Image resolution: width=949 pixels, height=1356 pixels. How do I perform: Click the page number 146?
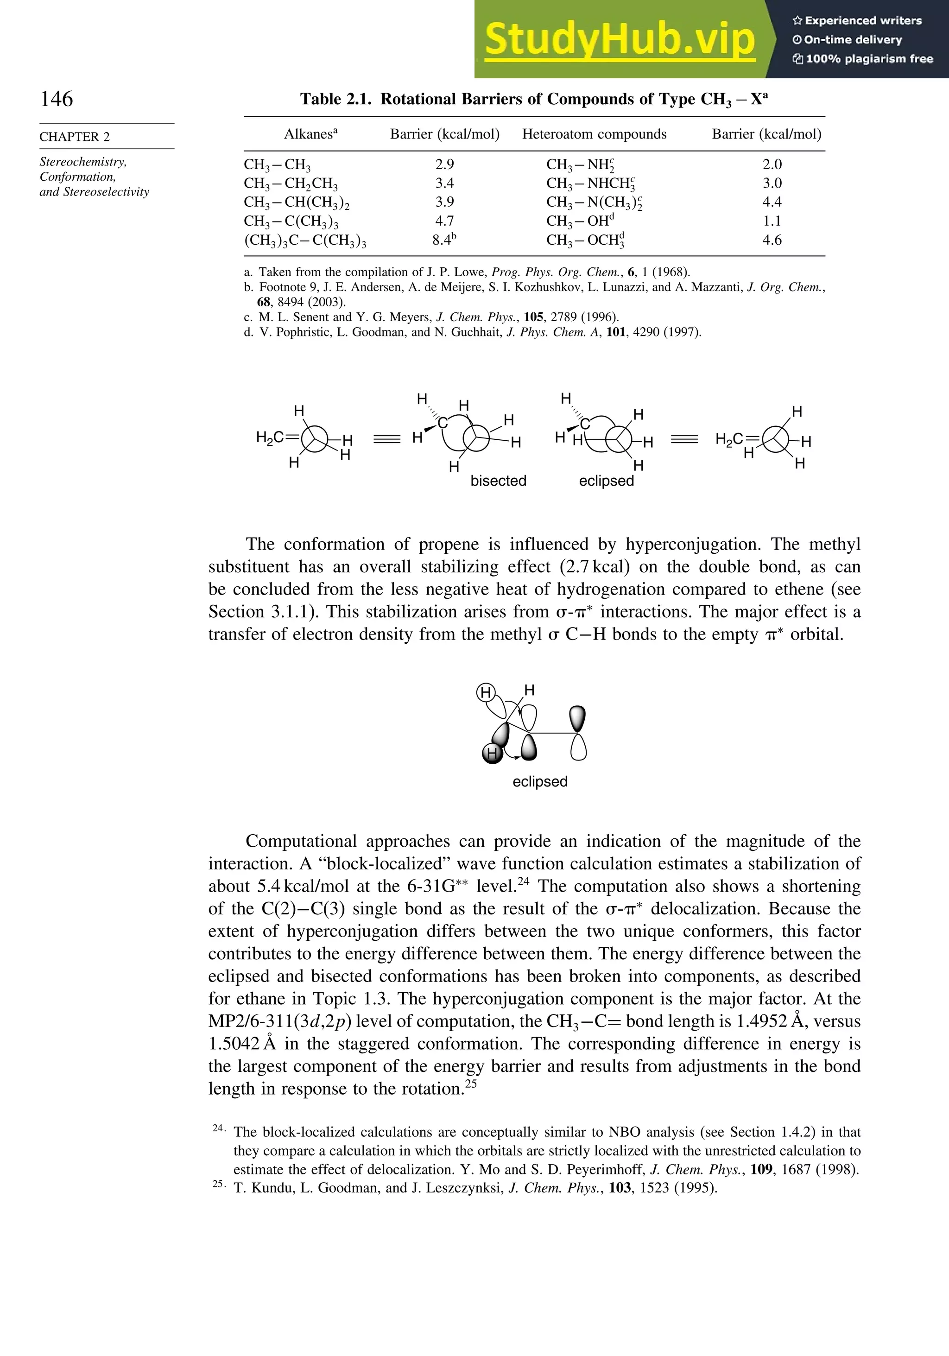[57, 99]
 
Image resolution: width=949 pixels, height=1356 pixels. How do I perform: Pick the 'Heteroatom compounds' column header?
[594, 134]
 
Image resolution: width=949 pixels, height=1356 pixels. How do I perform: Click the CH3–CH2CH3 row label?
[291, 184]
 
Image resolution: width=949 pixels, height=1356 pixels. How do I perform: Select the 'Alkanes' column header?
[310, 134]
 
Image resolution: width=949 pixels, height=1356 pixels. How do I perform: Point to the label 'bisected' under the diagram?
[498, 481]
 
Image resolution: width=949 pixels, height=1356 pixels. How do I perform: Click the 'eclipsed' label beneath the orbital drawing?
[539, 781]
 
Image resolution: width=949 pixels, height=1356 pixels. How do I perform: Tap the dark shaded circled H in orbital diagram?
[492, 754]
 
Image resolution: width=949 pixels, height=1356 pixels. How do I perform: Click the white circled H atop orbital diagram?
[486, 692]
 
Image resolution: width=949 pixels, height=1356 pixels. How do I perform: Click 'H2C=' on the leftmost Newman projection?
[278, 437]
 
